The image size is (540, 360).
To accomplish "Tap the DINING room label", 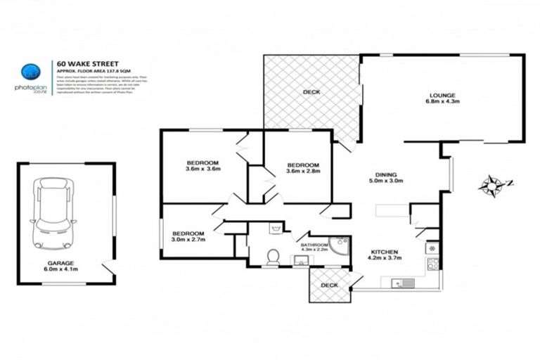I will coord(387,174).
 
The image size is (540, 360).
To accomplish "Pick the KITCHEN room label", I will coord(385,252).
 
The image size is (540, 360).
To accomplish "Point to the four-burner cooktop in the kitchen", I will coord(432,264).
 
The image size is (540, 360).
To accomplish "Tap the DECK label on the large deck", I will coord(311,92).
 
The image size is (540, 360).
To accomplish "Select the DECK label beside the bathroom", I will coord(328,285).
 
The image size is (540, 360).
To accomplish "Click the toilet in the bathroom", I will coord(273,257).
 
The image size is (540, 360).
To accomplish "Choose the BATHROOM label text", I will coord(314,244).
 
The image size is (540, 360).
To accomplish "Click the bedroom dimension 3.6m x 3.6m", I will coord(203,169).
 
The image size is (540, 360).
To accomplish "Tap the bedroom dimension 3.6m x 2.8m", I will coord(304,171).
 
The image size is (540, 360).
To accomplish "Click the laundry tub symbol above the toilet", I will coord(276,228).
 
